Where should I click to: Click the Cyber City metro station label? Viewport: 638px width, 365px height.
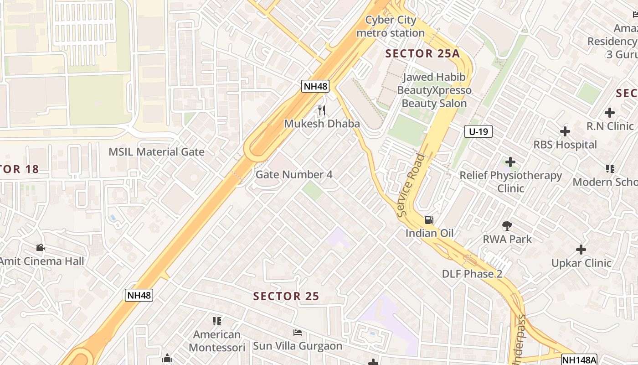[x=391, y=26]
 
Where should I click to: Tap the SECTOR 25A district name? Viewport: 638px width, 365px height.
[x=422, y=53]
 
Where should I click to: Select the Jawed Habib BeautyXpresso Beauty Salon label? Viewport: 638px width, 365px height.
[x=434, y=90]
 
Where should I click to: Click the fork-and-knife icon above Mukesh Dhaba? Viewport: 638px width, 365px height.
[x=322, y=110]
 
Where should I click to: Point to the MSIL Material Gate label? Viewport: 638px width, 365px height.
[x=156, y=152]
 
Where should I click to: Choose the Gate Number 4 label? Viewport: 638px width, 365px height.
[x=294, y=175]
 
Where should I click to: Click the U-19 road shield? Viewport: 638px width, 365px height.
[x=478, y=132]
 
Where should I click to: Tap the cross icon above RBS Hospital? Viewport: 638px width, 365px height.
[x=565, y=131]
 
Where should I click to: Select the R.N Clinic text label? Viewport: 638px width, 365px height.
[x=610, y=126]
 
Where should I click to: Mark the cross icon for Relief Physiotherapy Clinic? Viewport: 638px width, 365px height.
[x=510, y=162]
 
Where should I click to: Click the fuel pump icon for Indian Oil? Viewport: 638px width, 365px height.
[x=429, y=220]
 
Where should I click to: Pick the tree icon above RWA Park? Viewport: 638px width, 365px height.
[x=507, y=225]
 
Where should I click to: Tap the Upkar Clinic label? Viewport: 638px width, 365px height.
[x=581, y=263]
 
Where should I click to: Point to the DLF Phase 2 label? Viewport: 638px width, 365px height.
[x=472, y=274]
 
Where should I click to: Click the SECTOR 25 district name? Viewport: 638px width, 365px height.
[x=286, y=296]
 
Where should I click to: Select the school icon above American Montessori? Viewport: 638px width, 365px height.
[x=217, y=321]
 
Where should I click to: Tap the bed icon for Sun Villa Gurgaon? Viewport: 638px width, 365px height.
[x=298, y=332]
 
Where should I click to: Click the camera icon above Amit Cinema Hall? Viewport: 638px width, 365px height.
[x=40, y=248]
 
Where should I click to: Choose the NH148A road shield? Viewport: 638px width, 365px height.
[x=579, y=360]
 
